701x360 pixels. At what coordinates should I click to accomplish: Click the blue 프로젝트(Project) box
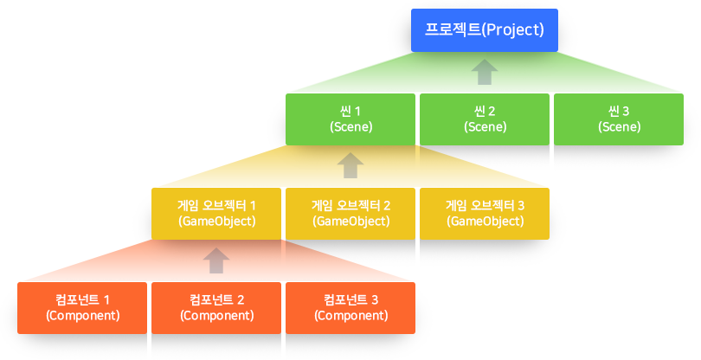(484, 29)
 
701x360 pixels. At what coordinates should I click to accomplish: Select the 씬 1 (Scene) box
(350, 119)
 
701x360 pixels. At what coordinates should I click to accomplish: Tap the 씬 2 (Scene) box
(485, 119)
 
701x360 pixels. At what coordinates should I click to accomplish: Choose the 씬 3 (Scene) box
(619, 119)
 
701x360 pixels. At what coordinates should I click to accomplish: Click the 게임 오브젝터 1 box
(216, 213)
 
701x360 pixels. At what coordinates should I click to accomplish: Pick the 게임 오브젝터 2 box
(350, 213)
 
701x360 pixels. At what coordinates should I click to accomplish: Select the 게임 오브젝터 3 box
(485, 213)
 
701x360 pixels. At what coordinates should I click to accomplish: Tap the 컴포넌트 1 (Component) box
(82, 307)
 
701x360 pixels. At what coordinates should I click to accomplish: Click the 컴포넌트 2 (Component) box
(216, 307)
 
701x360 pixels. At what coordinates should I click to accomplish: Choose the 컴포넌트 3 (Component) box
(350, 307)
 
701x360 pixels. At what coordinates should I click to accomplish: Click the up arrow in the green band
(485, 72)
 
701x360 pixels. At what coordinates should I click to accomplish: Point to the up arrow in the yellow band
(350, 165)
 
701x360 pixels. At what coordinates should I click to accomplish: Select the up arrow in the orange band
(216, 260)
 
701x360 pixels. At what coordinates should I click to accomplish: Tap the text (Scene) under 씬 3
(619, 126)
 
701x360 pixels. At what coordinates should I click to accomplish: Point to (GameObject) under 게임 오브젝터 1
(216, 221)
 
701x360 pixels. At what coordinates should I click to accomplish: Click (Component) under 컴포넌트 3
(350, 315)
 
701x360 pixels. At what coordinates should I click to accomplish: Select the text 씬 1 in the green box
(350, 111)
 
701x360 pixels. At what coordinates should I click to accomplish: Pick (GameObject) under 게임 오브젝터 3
(485, 221)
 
